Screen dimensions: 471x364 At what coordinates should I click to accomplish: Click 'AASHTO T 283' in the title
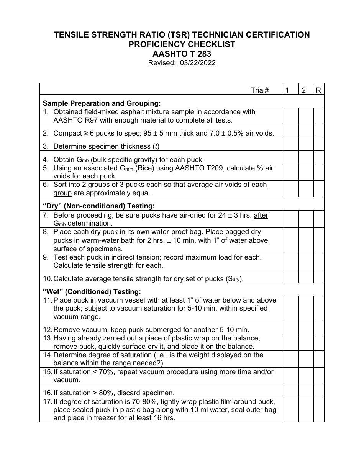(182, 54)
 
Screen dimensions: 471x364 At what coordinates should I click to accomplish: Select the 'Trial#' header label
(260, 90)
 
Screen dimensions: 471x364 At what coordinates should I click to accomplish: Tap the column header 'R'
(318, 90)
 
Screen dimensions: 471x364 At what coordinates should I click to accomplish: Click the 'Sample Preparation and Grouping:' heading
(102, 103)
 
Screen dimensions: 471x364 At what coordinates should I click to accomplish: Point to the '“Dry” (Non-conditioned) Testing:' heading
(98, 206)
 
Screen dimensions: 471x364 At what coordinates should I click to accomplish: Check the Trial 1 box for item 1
(290, 116)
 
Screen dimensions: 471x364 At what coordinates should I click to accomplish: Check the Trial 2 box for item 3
(306, 144)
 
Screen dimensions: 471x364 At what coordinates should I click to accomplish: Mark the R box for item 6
(318, 189)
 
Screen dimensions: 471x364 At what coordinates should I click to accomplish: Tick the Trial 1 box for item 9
(290, 262)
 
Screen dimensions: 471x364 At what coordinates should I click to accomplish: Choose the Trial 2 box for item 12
(306, 327)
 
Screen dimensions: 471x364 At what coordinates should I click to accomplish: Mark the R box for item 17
(318, 410)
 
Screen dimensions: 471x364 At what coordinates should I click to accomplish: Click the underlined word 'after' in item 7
(261, 215)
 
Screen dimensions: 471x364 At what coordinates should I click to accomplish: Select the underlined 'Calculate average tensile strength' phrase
(107, 279)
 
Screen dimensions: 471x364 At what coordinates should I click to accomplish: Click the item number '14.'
(48, 355)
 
